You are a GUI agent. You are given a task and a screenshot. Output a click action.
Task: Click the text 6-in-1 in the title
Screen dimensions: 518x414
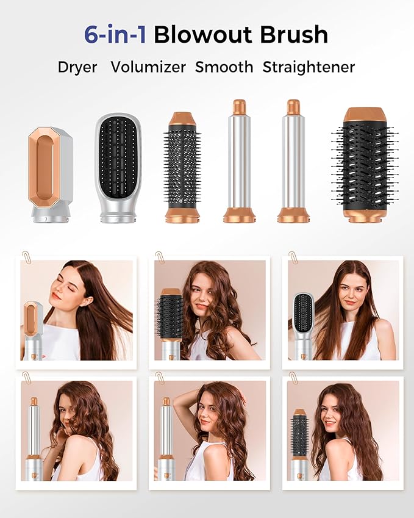tap(115, 35)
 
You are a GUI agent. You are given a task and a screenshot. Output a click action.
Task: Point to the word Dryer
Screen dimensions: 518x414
tap(77, 67)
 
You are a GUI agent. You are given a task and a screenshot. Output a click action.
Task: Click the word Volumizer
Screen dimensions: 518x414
tap(149, 67)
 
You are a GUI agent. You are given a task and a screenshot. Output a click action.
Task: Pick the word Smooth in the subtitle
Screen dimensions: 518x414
tap(224, 67)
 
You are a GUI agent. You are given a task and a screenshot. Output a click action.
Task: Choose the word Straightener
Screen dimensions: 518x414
tap(309, 67)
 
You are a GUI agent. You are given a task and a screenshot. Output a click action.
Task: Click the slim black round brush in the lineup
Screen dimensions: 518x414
tap(182, 168)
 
